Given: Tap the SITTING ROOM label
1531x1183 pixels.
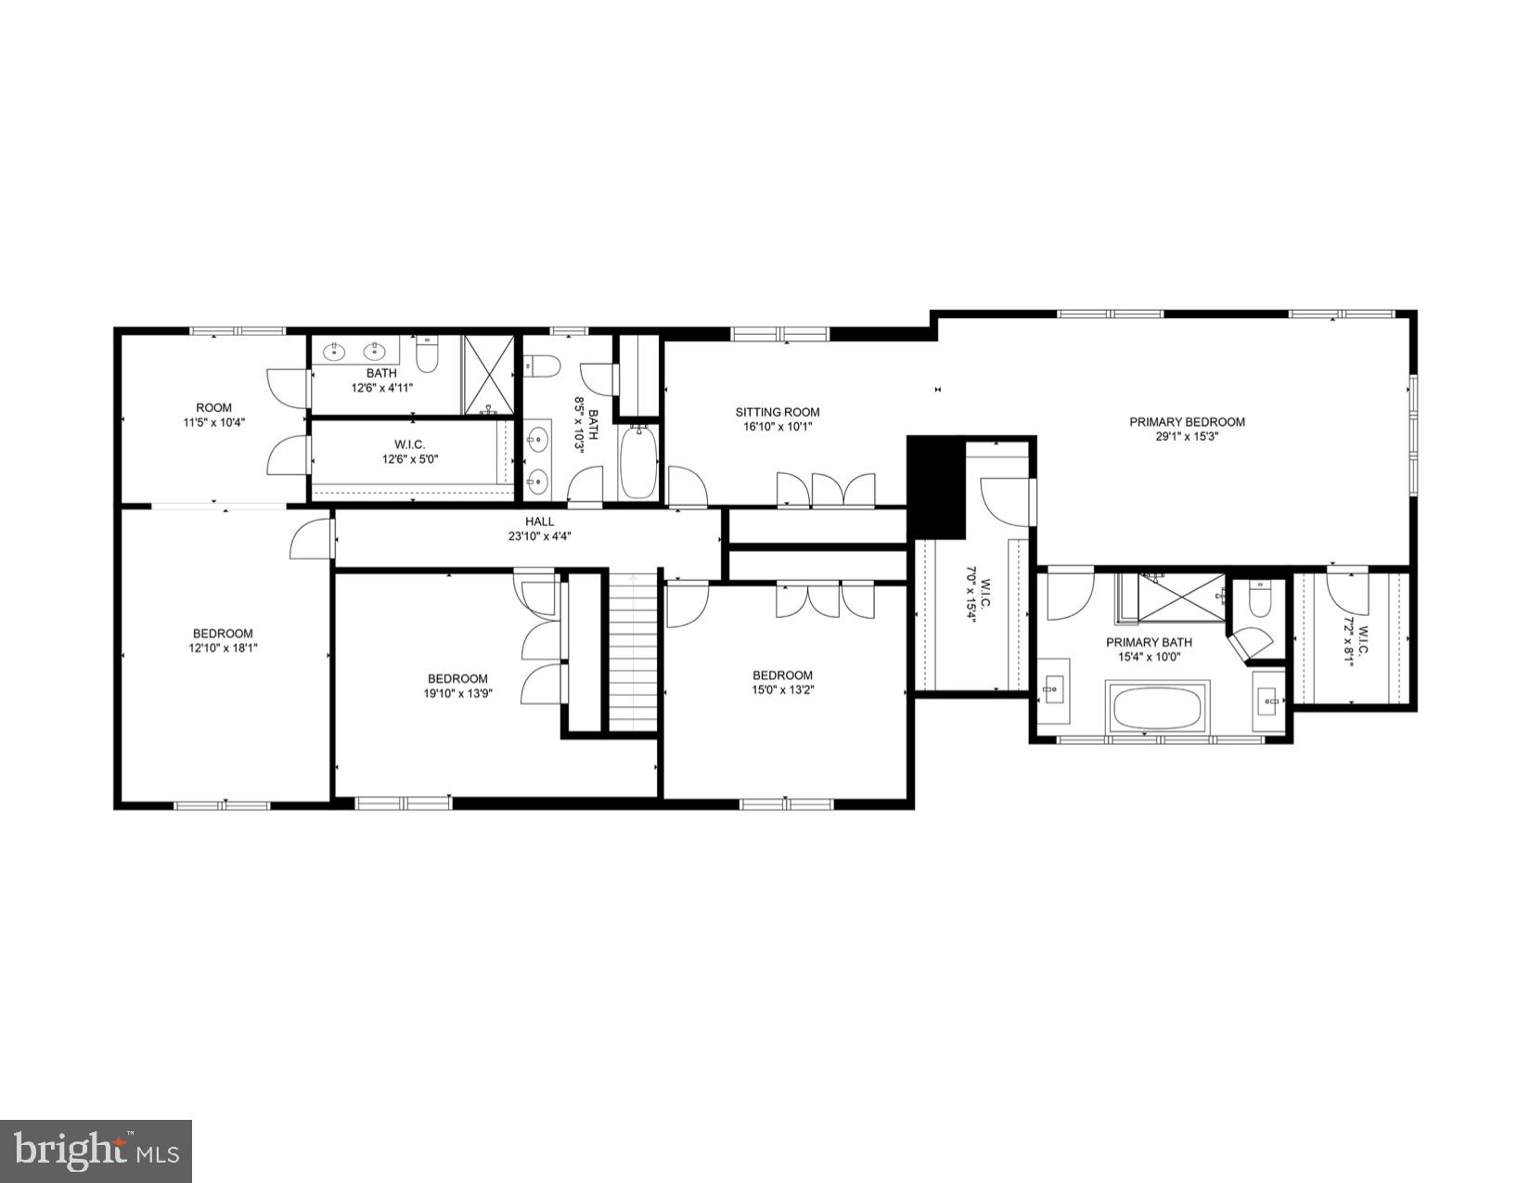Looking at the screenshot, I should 778,413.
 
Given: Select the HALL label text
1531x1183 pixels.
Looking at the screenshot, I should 539,522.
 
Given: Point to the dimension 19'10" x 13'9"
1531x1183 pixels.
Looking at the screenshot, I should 457,692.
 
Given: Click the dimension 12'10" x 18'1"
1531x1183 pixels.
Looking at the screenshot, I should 223,649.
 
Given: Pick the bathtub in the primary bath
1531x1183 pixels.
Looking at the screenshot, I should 1156,708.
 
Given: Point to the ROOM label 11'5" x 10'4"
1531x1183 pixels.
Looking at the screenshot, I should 213,415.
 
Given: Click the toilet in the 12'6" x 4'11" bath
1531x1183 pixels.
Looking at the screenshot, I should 428,354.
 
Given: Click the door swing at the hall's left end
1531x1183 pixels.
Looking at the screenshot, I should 313,539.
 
